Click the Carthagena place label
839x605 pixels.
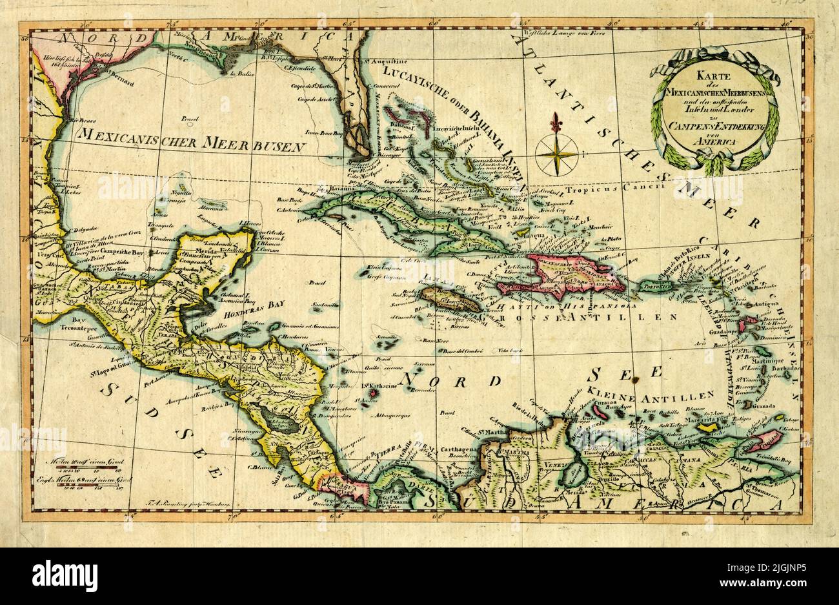[x=460, y=449]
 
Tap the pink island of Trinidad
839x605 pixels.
[x=765, y=442]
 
